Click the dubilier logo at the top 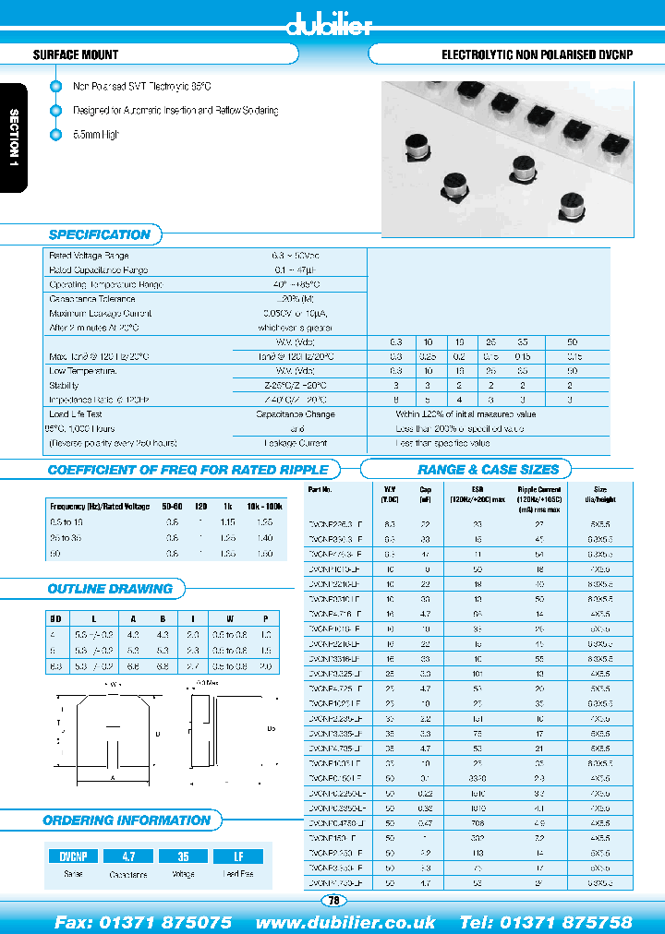tap(330, 25)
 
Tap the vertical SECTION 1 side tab tap(14, 138)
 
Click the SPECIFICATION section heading tap(99, 234)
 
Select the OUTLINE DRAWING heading tap(110, 589)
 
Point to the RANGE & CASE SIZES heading tap(489, 469)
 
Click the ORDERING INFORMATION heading tap(127, 820)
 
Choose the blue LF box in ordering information tap(238, 856)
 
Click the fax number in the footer tap(143, 922)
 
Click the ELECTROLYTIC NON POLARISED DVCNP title tap(538, 55)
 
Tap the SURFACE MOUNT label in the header tap(76, 55)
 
